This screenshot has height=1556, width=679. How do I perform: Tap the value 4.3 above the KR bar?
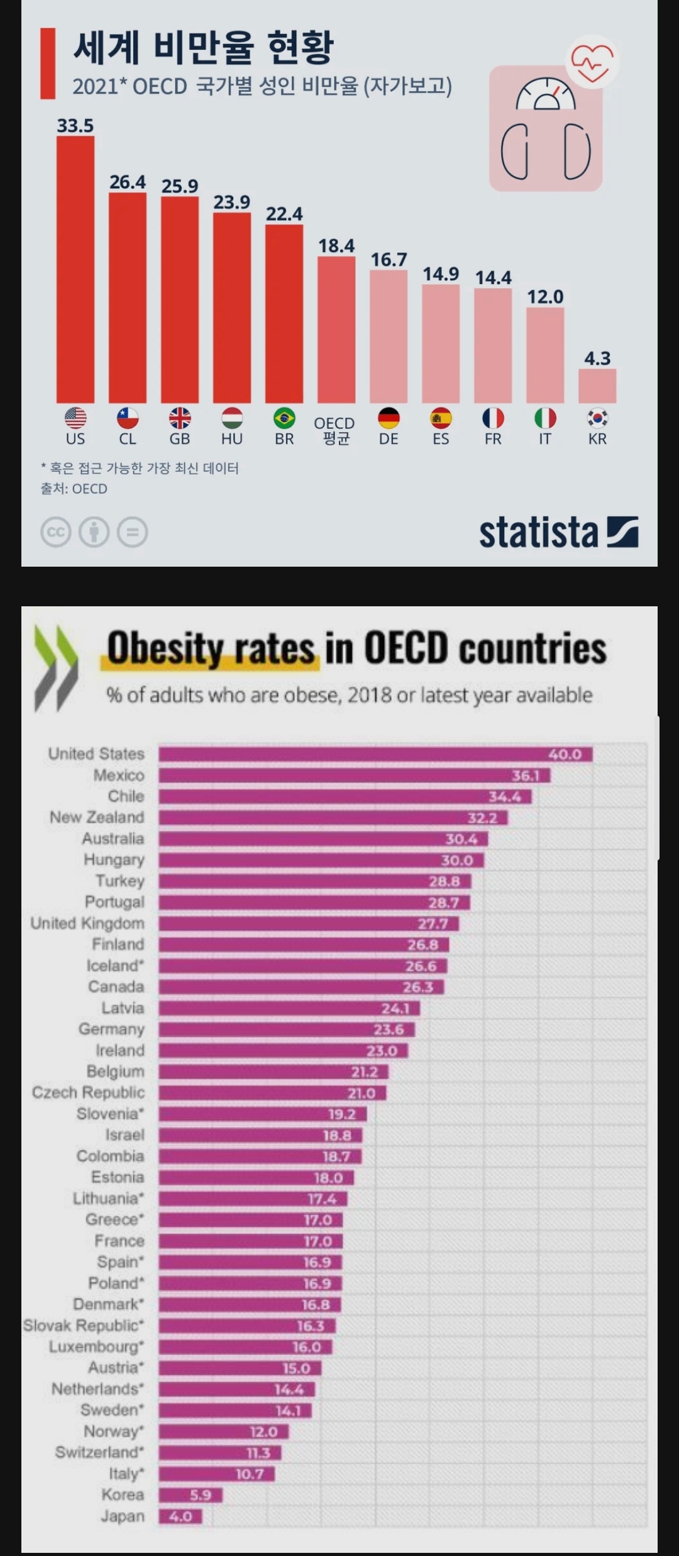597,358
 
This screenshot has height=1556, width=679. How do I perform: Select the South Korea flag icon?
597,418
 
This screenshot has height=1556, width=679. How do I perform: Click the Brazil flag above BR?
284,418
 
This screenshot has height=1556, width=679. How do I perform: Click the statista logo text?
538,533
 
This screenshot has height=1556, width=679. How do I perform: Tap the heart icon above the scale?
591,62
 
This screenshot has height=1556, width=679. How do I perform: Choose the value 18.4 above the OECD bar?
336,246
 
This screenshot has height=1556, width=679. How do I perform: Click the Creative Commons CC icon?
56,532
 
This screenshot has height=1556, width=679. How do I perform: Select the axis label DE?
389,439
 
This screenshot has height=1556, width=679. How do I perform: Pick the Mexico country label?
119,775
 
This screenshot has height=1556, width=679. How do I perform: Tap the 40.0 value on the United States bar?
565,754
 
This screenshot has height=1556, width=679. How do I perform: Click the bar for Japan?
180,1516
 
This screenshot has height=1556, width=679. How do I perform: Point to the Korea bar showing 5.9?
190,1495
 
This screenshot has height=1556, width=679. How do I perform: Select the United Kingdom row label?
87,923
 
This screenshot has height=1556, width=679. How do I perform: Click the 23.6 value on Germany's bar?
389,1030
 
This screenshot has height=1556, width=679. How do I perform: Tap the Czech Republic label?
89,1092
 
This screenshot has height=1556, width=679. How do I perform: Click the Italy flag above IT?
545,418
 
